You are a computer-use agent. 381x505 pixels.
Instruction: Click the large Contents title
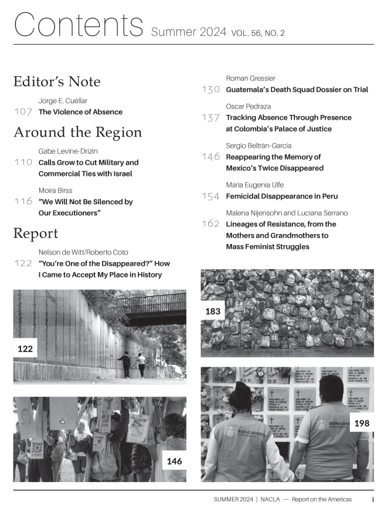pos(79,25)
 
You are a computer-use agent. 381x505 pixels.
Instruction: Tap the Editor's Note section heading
pos(57,82)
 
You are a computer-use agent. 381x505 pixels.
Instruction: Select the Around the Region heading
pos(77,132)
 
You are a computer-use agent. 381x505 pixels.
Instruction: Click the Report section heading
pos(36,233)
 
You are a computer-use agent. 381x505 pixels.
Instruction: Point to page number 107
pos(23,112)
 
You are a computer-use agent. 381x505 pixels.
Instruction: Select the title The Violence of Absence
pos(80,112)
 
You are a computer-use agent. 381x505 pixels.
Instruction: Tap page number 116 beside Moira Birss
pos(23,201)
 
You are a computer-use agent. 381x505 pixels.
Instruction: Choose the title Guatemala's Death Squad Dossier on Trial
pos(297,90)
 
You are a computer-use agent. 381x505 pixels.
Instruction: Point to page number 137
pos(210,117)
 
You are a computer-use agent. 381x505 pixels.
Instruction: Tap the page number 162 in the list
pos(210,224)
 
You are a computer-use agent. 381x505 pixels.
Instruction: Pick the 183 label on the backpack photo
pos(213,311)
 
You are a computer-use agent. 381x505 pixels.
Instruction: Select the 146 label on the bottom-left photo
pos(174,461)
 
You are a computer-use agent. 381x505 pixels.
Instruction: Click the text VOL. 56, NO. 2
pos(258,33)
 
